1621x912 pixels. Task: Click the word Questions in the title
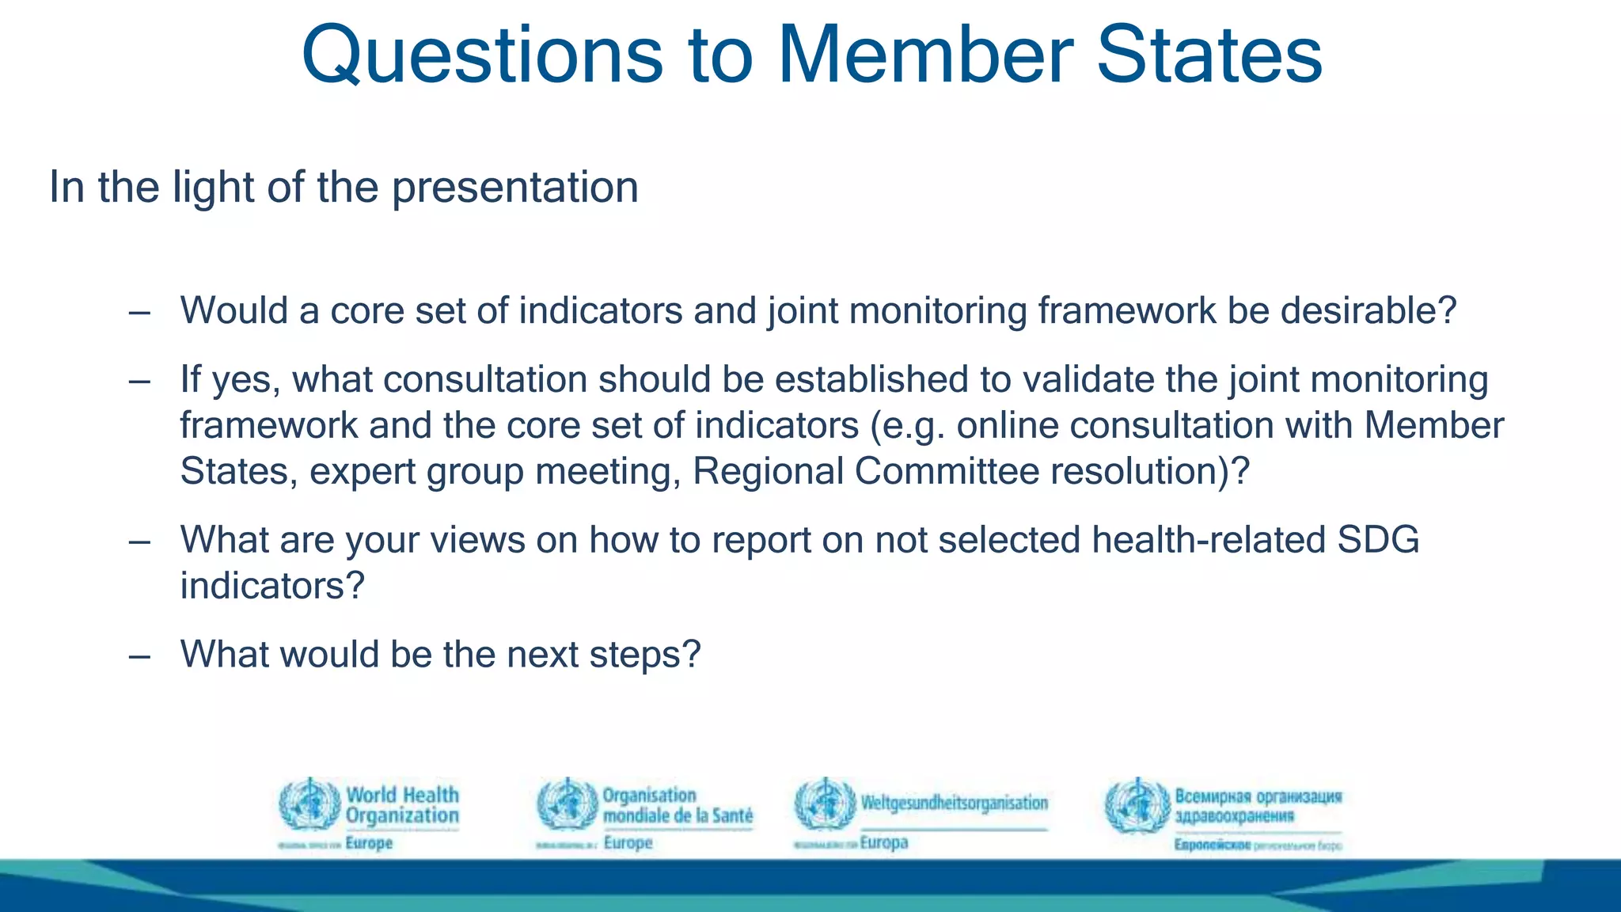pyautogui.click(x=482, y=55)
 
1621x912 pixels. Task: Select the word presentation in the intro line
pyautogui.click(x=514, y=188)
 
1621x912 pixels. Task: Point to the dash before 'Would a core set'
pyautogui.click(x=139, y=313)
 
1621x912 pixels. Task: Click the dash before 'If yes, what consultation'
pyautogui.click(x=139, y=382)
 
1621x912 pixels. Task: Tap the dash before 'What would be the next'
pyautogui.click(x=139, y=656)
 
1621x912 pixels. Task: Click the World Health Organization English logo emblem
pyautogui.click(x=309, y=804)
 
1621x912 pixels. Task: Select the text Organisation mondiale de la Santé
pyautogui.click(x=677, y=805)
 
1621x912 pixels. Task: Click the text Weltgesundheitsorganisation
pyautogui.click(x=954, y=803)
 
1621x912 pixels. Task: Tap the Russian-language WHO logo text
pyautogui.click(x=1258, y=805)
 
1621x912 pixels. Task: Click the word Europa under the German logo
pyautogui.click(x=883, y=842)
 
